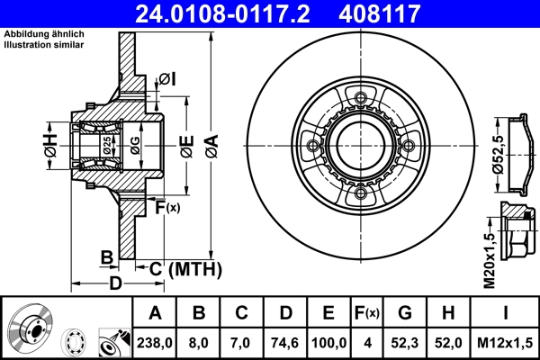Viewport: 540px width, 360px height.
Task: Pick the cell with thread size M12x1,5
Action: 506,342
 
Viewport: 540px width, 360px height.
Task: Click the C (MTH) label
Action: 184,267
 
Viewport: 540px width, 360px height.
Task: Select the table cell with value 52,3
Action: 405,342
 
